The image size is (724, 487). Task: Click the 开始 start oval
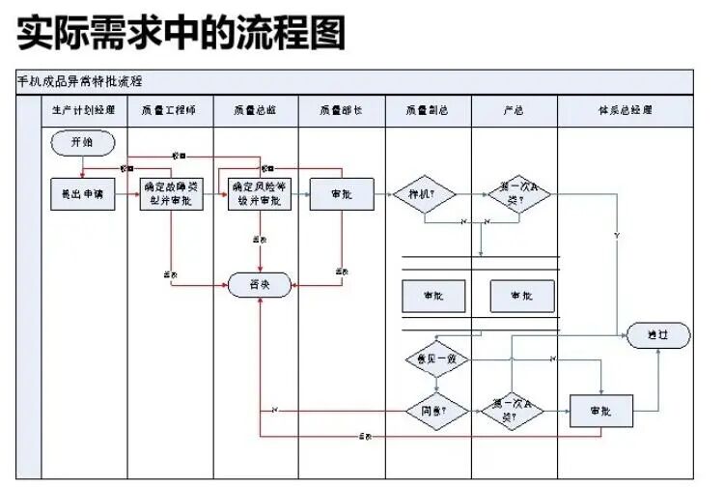(83, 142)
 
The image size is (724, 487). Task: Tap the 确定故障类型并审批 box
(173, 194)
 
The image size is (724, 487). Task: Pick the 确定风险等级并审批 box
(259, 194)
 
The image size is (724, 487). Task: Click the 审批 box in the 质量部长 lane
(341, 194)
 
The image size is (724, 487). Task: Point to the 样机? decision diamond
(424, 194)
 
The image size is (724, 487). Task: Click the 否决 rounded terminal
(259, 285)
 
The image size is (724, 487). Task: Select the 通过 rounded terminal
(657, 335)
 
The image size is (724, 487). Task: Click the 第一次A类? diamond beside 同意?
(512, 411)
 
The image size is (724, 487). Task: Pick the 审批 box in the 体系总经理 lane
(600, 411)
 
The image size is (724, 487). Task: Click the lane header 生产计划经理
(83, 111)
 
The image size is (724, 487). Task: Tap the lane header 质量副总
(428, 111)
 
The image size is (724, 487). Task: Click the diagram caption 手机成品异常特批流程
(80, 81)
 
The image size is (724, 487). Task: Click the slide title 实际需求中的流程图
(181, 35)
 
